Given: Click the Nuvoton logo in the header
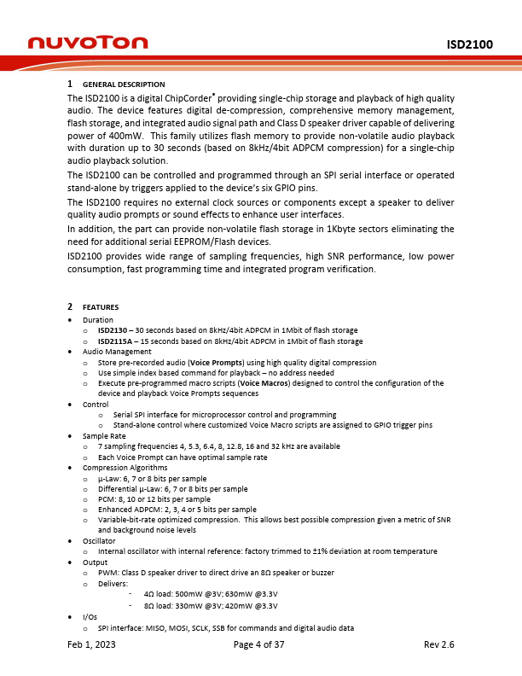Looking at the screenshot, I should tap(88, 43).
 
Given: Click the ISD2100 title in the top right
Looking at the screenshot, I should tap(469, 44).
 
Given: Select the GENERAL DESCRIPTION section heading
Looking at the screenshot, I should tap(123, 84).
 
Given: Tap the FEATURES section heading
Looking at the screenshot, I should tap(101, 307).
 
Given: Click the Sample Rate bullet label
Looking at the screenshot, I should tap(104, 436).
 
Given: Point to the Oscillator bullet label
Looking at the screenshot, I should tap(99, 541).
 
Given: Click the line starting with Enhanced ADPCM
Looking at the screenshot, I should tap(177, 510).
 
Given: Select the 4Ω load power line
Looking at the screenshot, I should tap(211, 594).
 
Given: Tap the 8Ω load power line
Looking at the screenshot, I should tap(211, 605).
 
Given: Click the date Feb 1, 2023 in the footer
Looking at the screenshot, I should tap(92, 645).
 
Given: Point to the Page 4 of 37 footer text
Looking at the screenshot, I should tap(259, 645).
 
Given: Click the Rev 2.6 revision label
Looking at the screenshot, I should tap(438, 645).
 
